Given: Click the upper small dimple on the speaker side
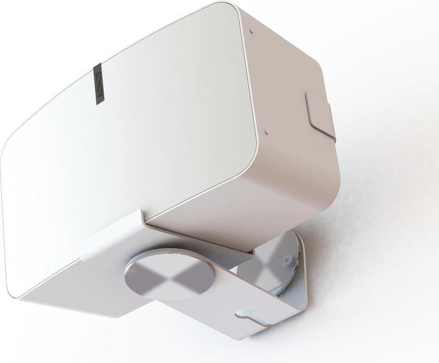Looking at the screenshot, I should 250,29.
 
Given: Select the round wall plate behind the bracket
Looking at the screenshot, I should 277,268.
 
